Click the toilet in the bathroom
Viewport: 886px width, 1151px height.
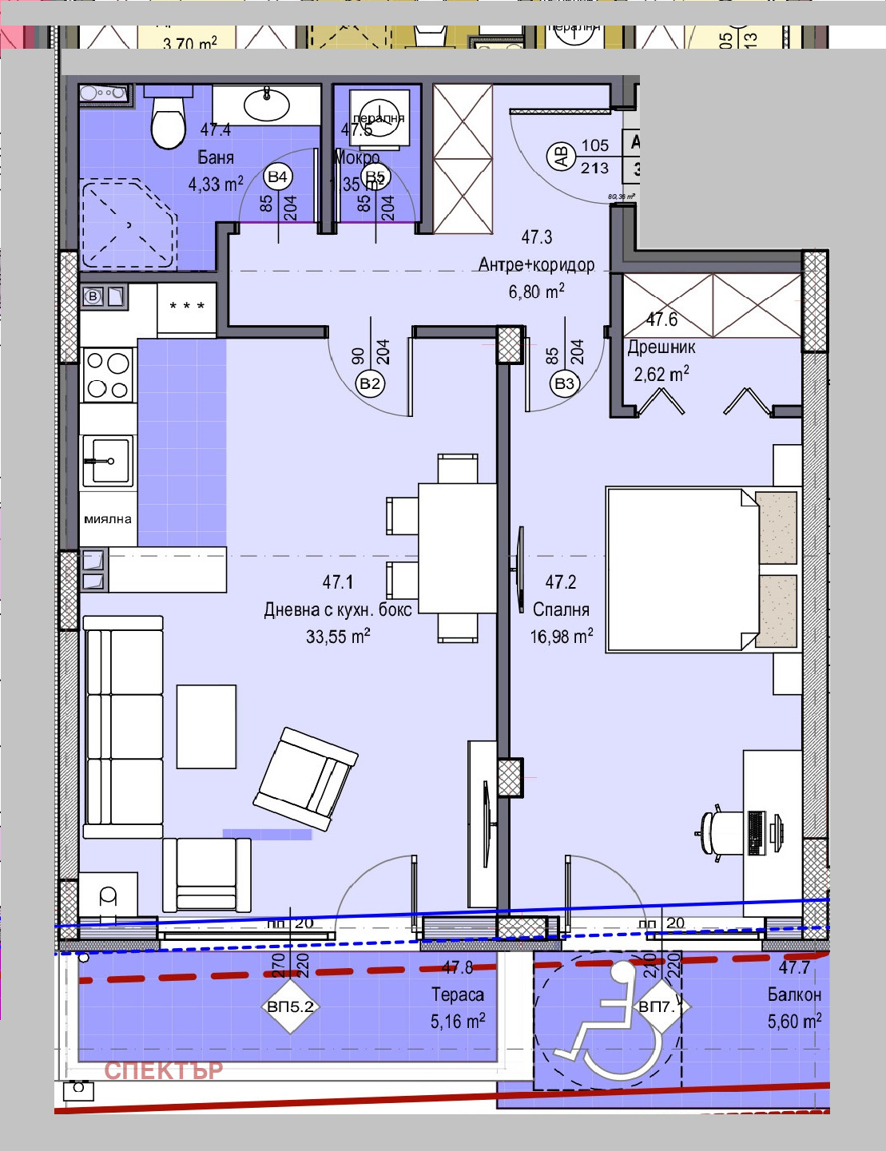point(169,124)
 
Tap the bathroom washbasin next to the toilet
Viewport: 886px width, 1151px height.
point(266,104)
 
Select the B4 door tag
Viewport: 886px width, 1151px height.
point(277,177)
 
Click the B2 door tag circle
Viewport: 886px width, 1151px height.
point(370,383)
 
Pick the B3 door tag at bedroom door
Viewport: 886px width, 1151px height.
point(564,383)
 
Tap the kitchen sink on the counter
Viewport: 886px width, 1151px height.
point(107,461)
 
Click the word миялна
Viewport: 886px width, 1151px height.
point(108,519)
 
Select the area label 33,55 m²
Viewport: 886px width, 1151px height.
point(337,636)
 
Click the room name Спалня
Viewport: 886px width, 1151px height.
point(561,609)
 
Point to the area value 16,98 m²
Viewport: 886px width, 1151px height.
point(561,636)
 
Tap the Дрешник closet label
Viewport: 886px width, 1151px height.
point(661,347)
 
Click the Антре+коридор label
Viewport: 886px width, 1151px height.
point(536,264)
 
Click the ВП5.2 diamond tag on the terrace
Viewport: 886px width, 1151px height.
point(290,1006)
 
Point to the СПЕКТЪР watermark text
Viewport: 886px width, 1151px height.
point(163,1070)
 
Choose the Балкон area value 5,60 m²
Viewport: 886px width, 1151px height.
point(794,1021)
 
